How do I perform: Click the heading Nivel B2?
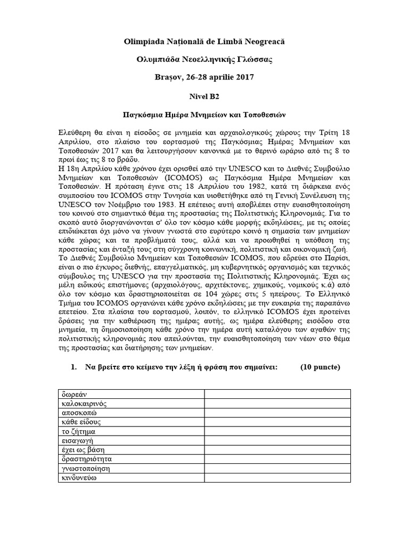click(204, 97)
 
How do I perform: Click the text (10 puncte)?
click(320, 368)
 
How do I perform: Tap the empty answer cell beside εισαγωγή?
click(277, 440)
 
